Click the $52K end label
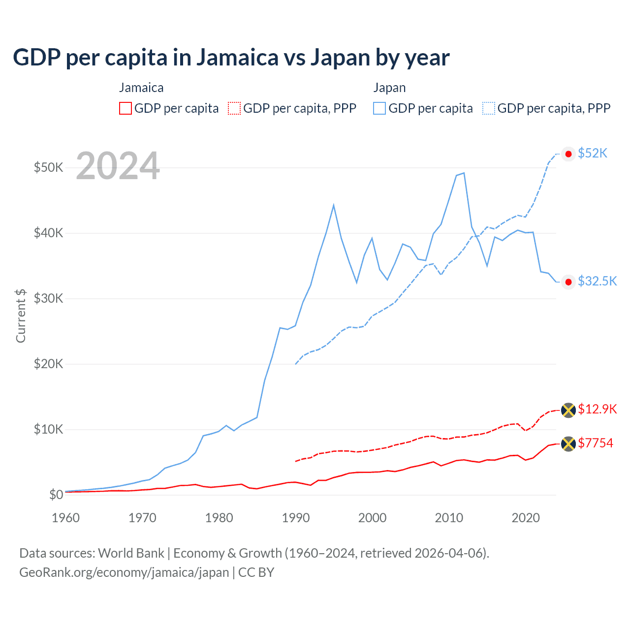click(593, 154)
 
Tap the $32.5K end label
click(597, 281)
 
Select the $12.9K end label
click(597, 409)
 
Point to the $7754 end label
click(595, 443)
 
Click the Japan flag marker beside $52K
click(568, 154)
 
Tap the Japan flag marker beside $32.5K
click(568, 282)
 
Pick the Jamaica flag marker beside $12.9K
click(568, 410)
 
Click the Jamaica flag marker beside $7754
click(568, 444)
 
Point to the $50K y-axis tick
click(48, 167)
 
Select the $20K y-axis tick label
click(48, 364)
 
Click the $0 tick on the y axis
click(56, 495)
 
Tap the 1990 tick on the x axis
click(296, 518)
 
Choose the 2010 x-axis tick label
click(449, 518)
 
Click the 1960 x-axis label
click(65, 518)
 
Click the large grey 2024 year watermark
click(118, 166)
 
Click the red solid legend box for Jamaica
click(126, 108)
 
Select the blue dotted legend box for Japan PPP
click(489, 108)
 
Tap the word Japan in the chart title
click(340, 58)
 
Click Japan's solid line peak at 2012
click(464, 173)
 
